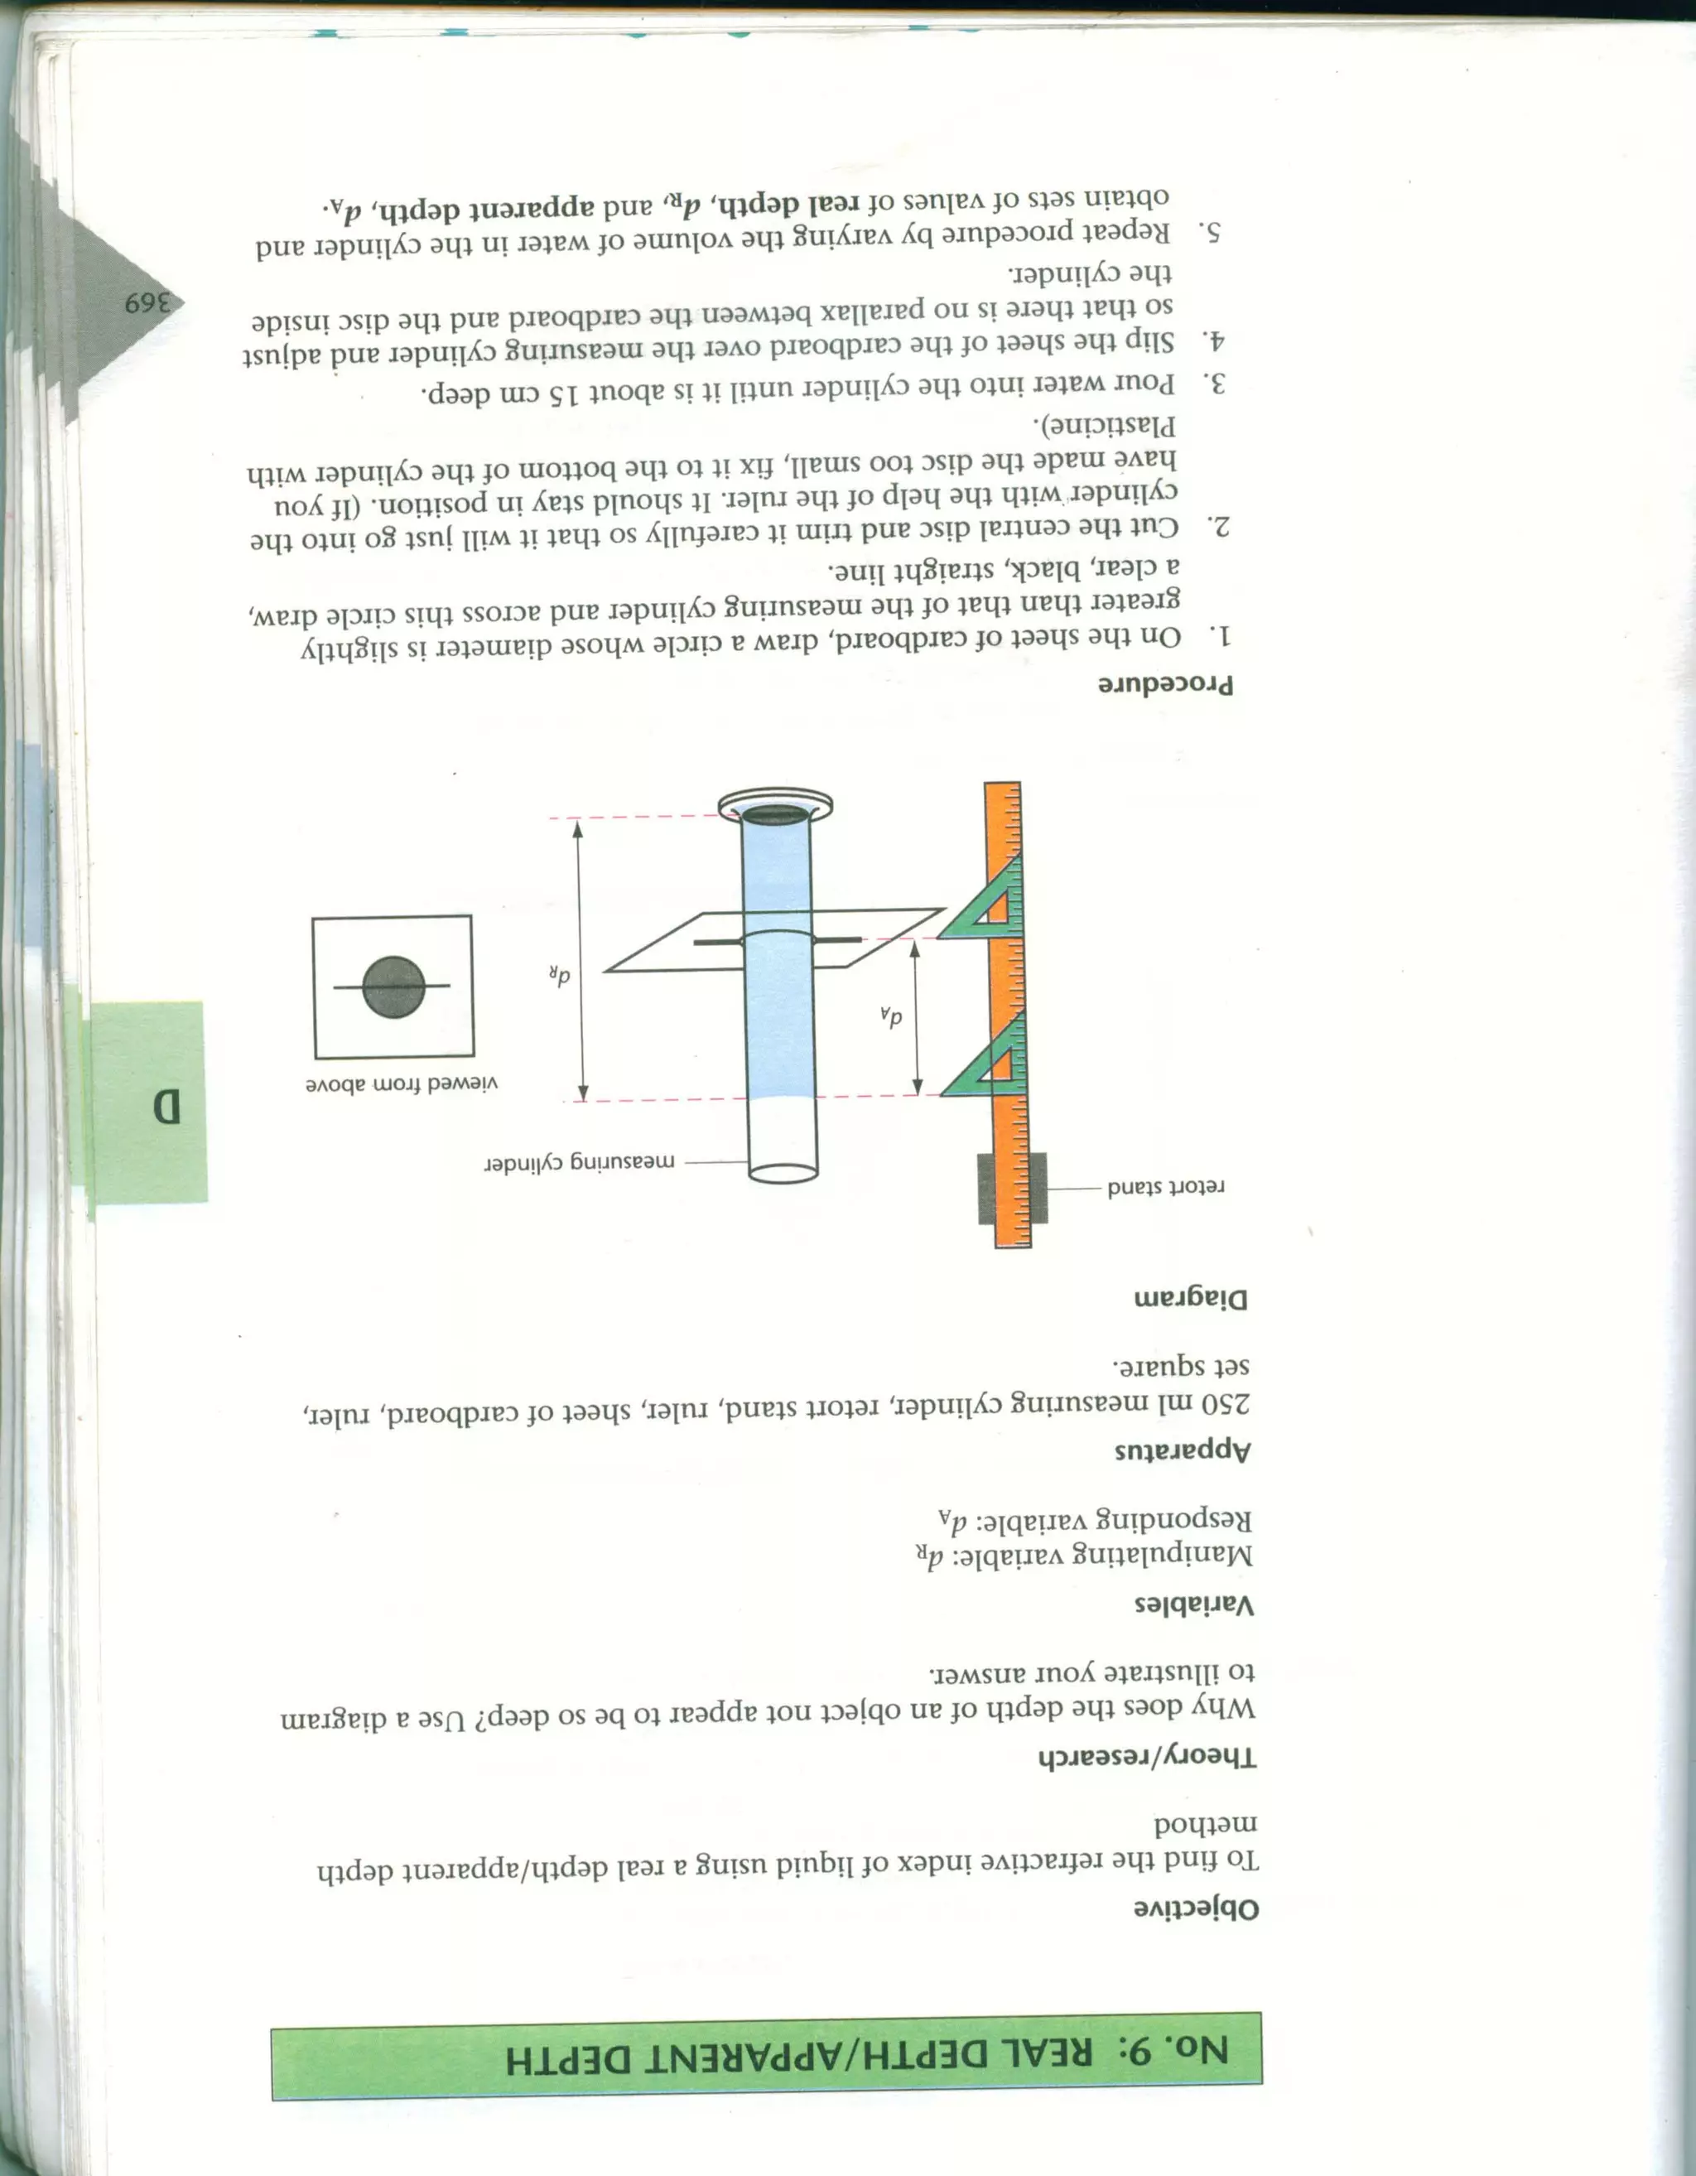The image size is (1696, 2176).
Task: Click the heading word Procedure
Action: coord(1165,684)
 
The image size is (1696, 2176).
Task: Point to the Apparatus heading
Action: coord(1182,1450)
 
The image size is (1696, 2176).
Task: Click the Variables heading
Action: coord(1194,1605)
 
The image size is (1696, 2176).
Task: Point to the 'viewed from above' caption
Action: coord(402,1085)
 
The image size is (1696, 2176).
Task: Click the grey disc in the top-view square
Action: coord(394,987)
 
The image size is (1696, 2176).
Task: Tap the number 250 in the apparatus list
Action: coord(1220,1404)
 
